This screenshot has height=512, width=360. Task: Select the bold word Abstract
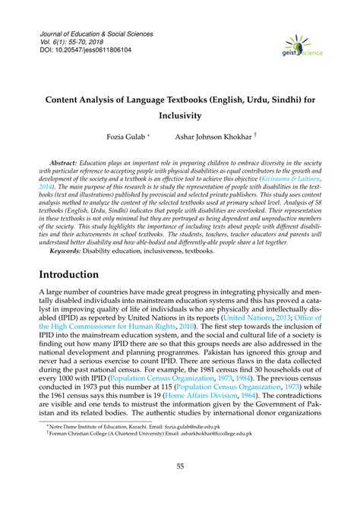click(67, 163)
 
